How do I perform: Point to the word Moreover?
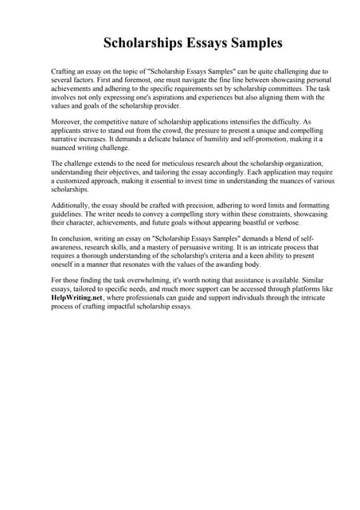[67, 124]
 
